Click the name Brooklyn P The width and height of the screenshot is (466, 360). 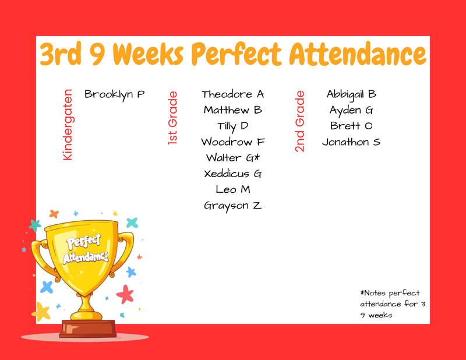[114, 94]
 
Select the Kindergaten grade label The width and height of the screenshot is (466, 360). [68, 125]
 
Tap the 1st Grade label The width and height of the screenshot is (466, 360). [172, 118]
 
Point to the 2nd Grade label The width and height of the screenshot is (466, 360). [300, 121]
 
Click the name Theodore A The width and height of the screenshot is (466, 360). [233, 94]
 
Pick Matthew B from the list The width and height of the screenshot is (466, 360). [233, 110]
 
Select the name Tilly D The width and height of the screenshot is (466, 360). [233, 126]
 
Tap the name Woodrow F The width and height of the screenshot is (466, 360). [233, 142]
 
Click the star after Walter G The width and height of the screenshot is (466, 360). [257, 157]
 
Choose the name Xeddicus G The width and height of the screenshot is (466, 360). [233, 174]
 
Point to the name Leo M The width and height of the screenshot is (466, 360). [233, 189]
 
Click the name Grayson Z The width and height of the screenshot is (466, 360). [233, 205]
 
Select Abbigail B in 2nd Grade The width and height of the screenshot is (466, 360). [351, 94]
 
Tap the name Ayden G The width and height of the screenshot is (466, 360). [351, 110]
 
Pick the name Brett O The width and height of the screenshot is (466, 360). [351, 126]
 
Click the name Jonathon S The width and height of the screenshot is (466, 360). [351, 142]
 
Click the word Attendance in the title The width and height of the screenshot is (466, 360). [358, 55]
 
